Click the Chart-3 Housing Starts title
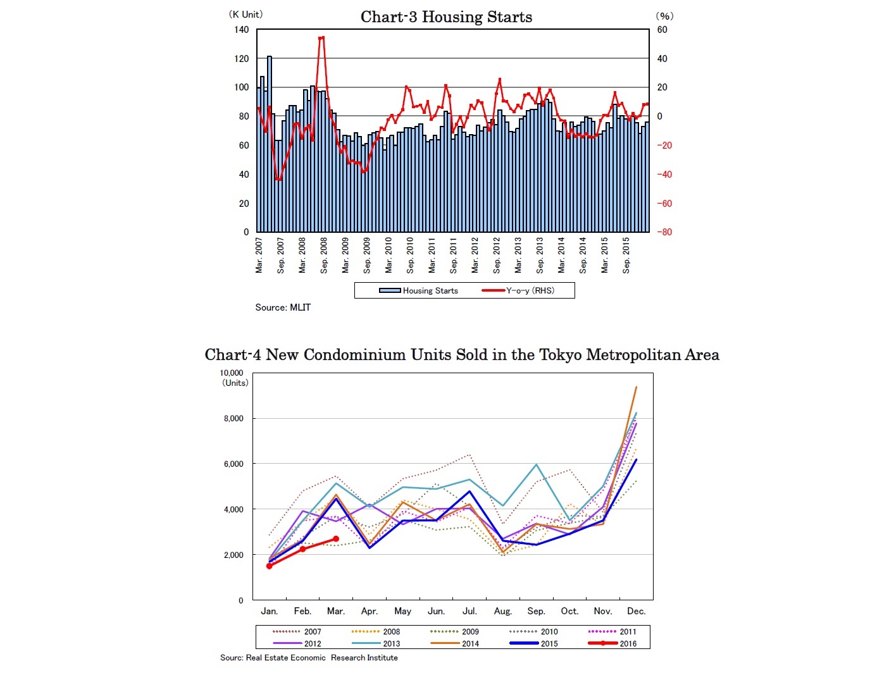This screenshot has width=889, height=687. (446, 17)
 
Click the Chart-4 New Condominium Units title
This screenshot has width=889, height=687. (462, 355)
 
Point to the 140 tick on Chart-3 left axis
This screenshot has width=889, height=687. (241, 30)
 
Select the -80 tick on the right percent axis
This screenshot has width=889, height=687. (664, 232)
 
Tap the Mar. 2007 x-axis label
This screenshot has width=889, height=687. (259, 256)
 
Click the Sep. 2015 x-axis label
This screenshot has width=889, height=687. (626, 256)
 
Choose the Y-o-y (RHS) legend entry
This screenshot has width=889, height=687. (519, 291)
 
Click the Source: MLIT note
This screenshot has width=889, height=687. (283, 307)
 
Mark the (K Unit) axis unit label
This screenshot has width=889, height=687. (246, 15)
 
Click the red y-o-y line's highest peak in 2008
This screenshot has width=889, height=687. (321, 38)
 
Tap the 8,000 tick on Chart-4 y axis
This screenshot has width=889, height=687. (233, 419)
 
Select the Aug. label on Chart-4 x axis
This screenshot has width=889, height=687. (502, 611)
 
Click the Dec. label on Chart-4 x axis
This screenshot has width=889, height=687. (636, 611)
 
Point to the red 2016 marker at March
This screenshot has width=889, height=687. (336, 539)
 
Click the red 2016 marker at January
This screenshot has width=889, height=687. (270, 566)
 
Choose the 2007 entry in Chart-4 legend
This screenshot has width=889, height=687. (297, 631)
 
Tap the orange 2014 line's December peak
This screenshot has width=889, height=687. (636, 387)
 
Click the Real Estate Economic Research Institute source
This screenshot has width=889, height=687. (309, 658)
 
